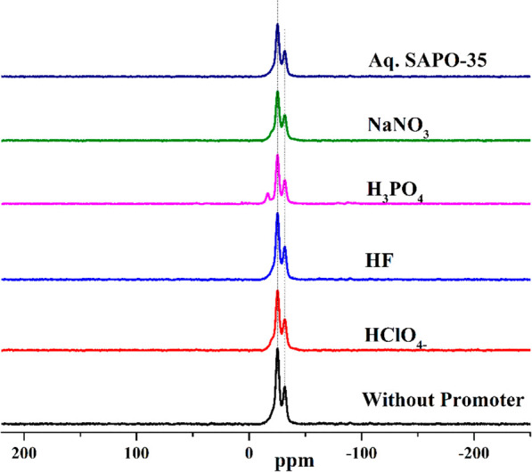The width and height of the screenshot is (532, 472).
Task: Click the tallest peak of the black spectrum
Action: click(277, 350)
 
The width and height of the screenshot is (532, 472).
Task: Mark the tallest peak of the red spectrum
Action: click(277, 292)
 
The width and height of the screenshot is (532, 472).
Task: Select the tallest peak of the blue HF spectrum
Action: click(277, 214)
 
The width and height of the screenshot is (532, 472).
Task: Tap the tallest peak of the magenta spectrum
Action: click(277, 155)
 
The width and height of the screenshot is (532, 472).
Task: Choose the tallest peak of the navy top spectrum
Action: click(277, 25)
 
